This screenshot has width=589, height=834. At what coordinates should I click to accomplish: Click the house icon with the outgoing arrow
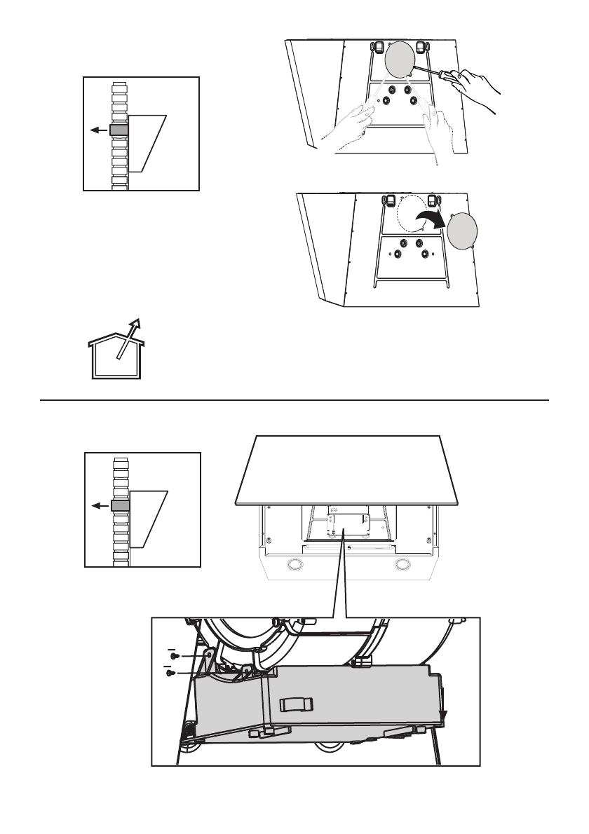tap(115, 353)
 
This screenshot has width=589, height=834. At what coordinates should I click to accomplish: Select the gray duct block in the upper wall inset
tap(119, 130)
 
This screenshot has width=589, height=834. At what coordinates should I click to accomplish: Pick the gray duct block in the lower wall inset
tap(120, 506)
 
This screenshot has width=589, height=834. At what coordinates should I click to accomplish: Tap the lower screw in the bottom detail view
tap(169, 672)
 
